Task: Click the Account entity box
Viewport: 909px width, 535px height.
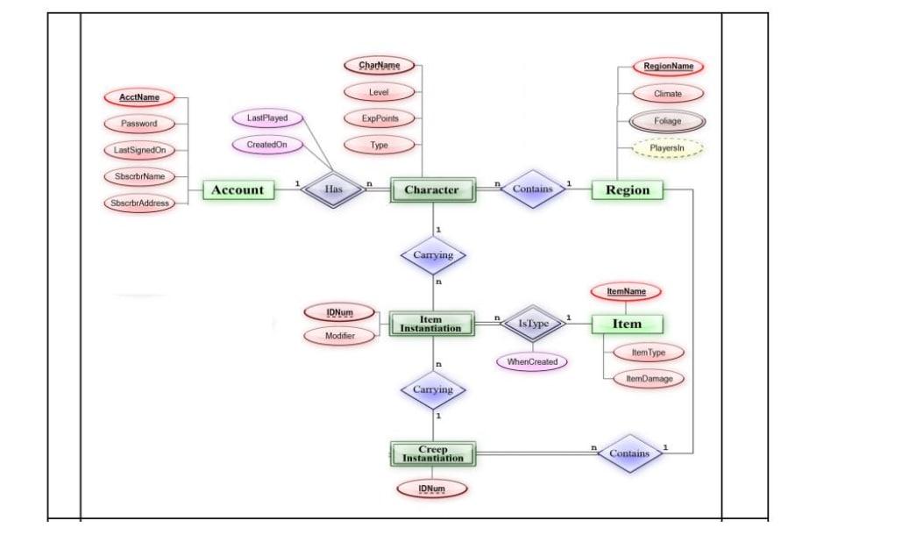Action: tap(238, 189)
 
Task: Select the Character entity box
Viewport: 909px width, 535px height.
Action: tap(431, 189)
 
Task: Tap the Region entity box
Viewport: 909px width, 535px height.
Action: tap(627, 189)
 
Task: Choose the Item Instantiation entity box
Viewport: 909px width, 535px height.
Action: tap(431, 324)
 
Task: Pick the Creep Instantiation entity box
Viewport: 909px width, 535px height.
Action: tap(431, 454)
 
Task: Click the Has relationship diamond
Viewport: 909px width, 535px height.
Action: tap(333, 189)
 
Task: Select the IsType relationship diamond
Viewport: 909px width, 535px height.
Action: tap(533, 324)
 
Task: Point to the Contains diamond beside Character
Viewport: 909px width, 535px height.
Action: tap(532, 189)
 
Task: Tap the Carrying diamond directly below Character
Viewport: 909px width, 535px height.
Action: tap(433, 255)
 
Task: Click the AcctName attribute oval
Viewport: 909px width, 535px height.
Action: tap(139, 97)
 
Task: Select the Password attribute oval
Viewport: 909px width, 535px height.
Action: tap(139, 124)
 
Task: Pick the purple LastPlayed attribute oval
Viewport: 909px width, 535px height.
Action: tap(267, 118)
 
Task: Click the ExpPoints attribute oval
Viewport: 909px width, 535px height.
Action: tap(379, 118)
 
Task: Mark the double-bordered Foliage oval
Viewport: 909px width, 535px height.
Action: tap(667, 121)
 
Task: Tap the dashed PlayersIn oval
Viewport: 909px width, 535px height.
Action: tap(667, 149)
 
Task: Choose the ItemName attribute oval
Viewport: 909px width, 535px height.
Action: tap(626, 291)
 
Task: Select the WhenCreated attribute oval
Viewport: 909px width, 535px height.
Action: tap(532, 361)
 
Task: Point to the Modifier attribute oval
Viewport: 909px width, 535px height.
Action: tap(339, 336)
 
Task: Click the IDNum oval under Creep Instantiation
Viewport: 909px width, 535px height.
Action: tap(431, 488)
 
